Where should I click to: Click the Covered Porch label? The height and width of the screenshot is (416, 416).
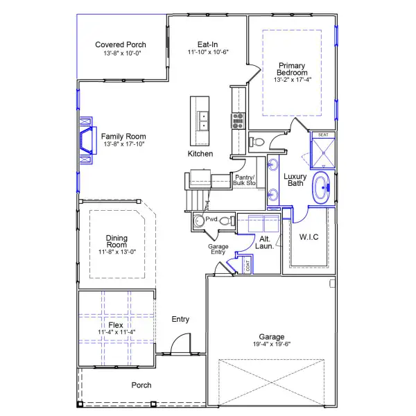pos(121,45)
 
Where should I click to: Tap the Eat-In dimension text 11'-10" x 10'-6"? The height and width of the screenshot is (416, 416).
pos(208,53)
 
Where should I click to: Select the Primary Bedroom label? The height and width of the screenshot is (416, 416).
pos(291,69)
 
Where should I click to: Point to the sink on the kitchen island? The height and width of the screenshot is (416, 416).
pos(203,121)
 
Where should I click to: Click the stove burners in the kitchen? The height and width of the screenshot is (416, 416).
pos(238,121)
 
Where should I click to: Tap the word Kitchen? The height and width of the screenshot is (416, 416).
pos(200,154)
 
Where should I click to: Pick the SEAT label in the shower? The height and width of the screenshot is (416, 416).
pos(323,135)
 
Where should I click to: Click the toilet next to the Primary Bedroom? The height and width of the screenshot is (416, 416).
pos(256,141)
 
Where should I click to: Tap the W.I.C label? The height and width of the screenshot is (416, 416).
pos(309,237)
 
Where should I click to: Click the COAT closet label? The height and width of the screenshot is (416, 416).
pos(248,265)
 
